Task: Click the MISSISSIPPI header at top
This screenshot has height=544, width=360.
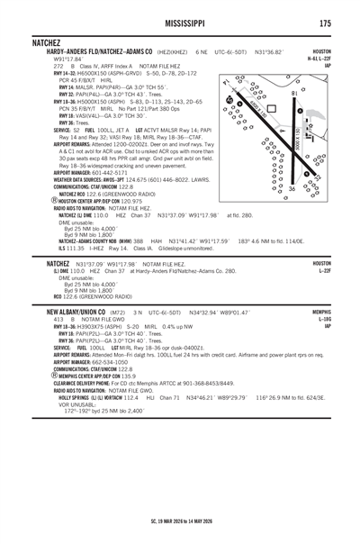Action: [x=180, y=23]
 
